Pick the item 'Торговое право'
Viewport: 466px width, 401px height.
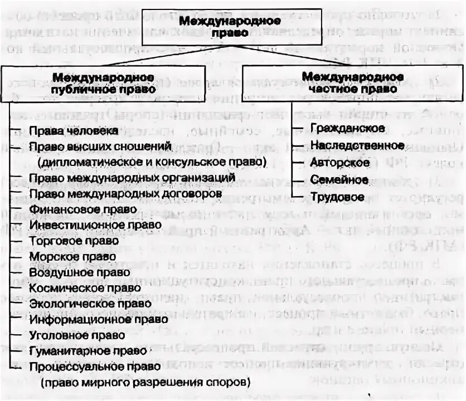point(74,241)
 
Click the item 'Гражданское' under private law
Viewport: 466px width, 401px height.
point(347,129)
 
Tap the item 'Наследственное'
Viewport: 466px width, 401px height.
point(357,145)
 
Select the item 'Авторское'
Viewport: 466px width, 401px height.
point(340,163)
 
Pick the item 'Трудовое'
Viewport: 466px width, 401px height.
point(337,197)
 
